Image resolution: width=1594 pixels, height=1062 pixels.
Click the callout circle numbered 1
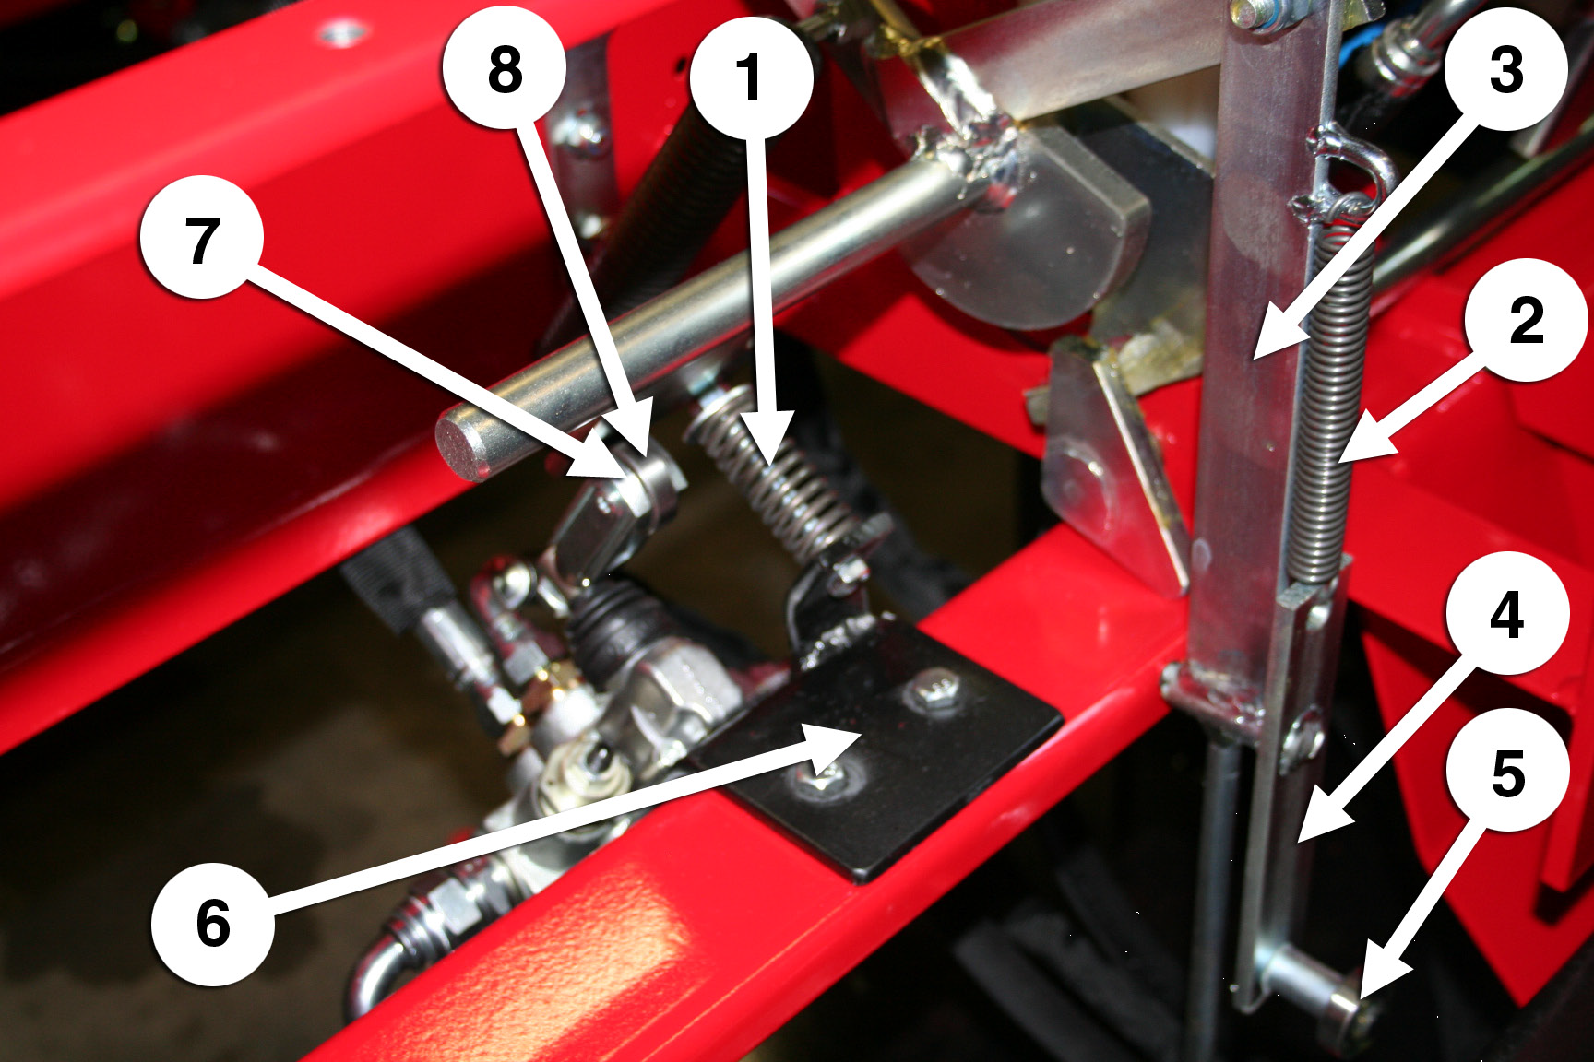coord(752,76)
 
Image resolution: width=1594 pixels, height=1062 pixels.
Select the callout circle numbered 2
coord(1527,320)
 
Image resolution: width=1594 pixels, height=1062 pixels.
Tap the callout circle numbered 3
coord(1506,70)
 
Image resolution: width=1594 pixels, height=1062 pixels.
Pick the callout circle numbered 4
coord(1507,614)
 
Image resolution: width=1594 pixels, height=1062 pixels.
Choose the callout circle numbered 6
coord(213,923)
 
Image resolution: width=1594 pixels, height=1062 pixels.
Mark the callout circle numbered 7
coord(202,238)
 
